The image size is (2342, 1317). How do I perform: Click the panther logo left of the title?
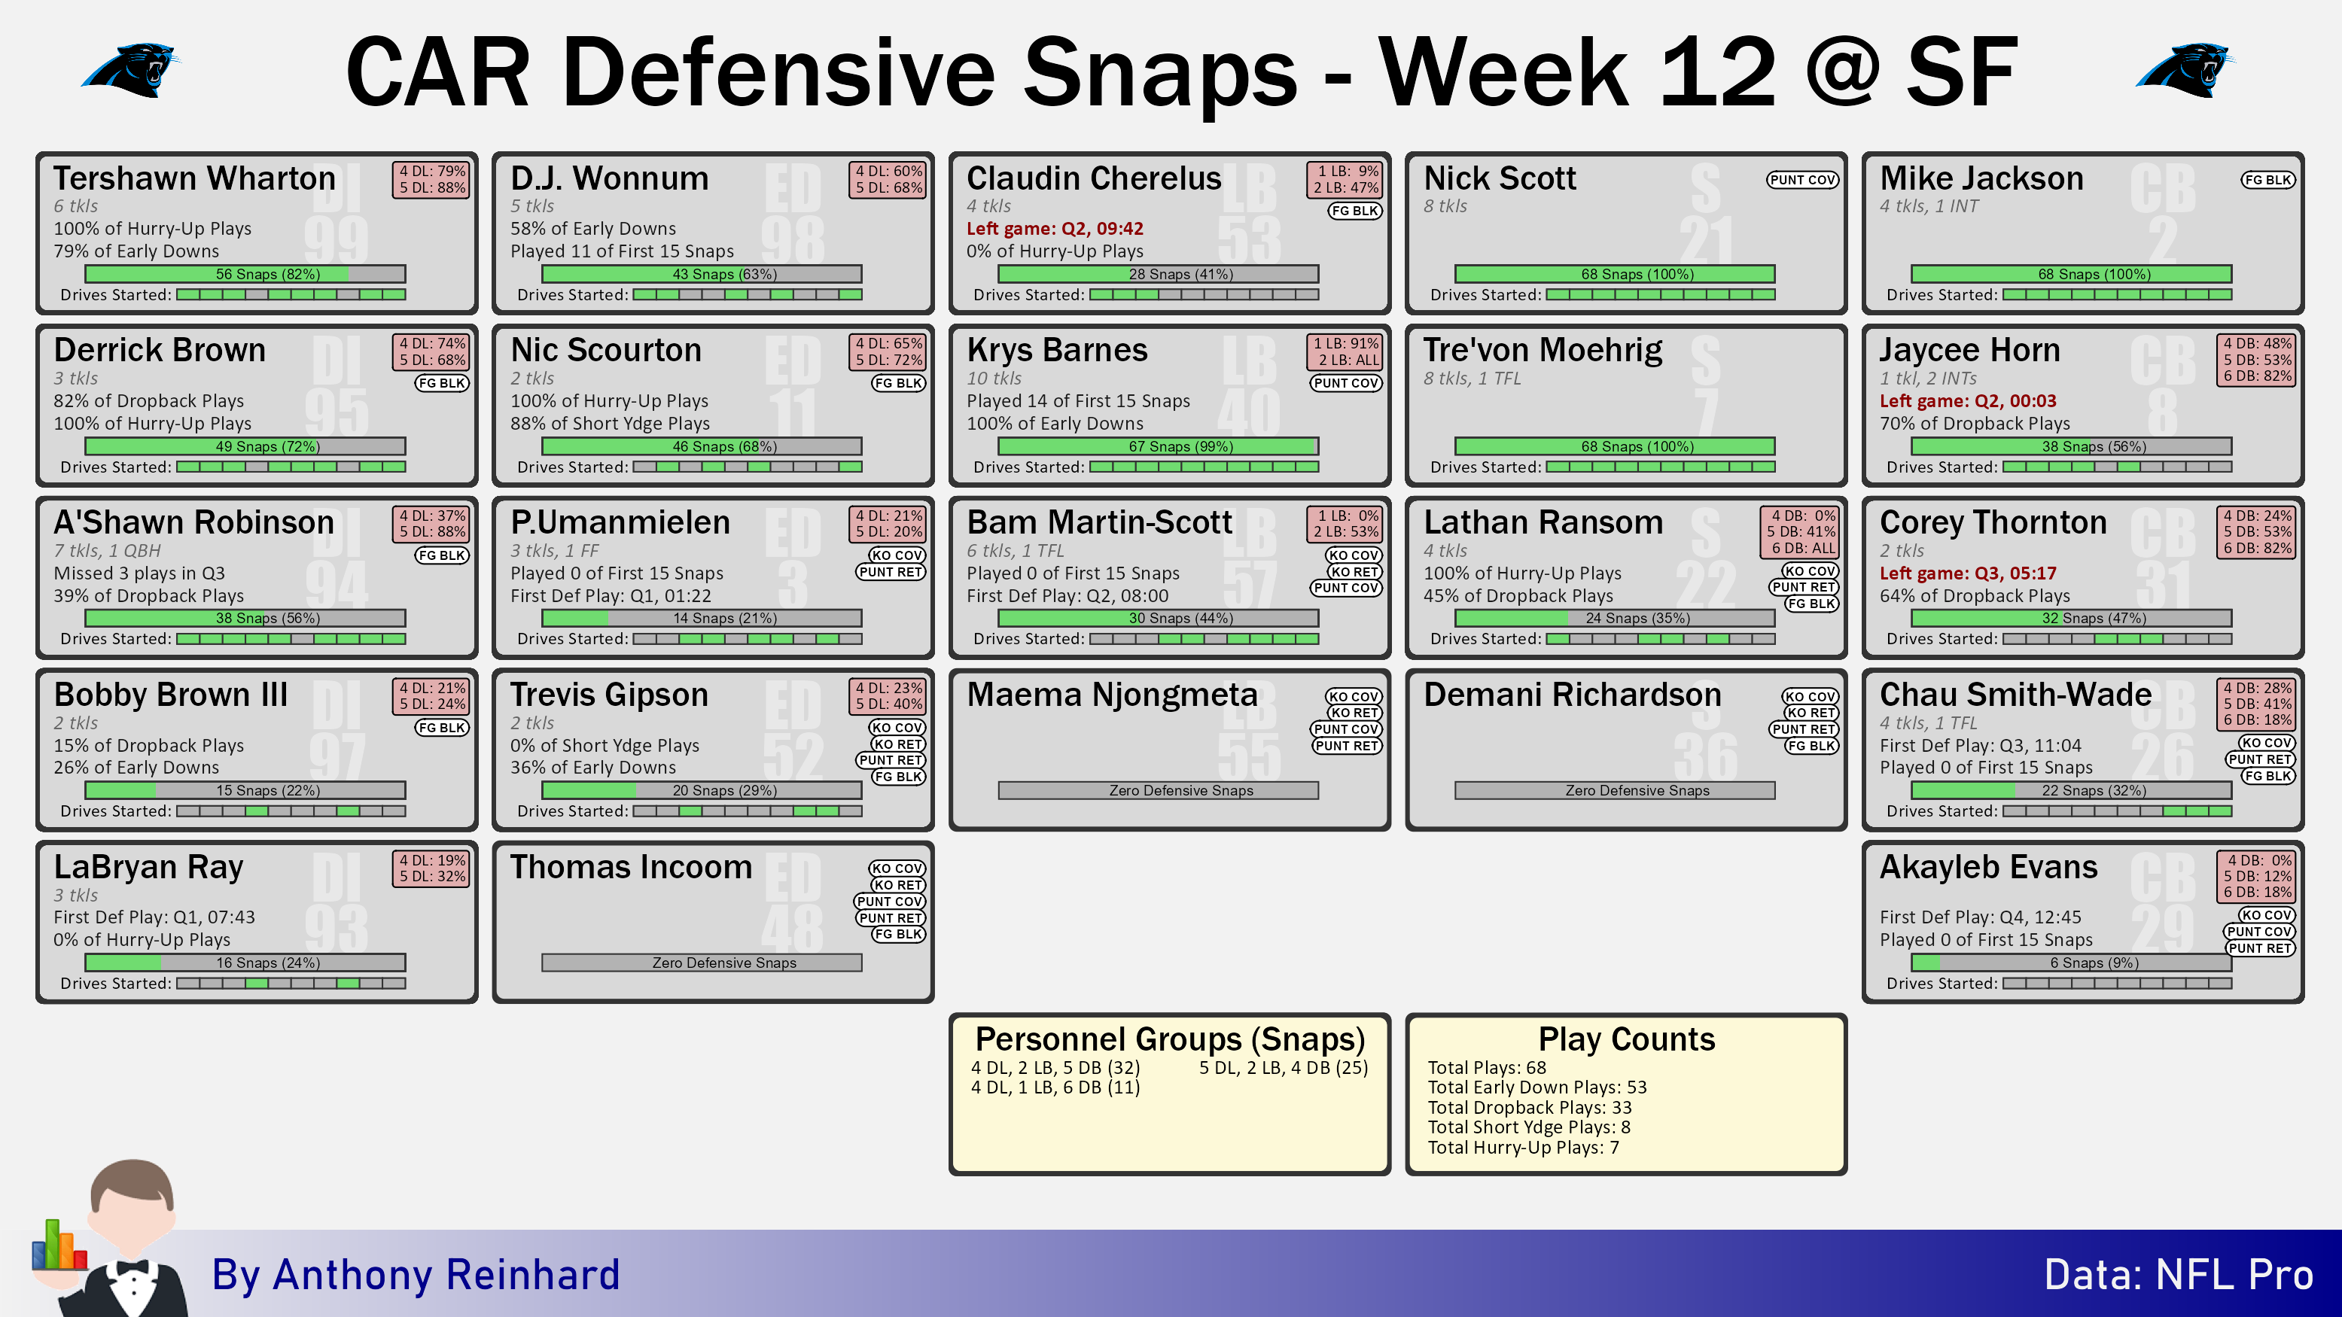tap(131, 71)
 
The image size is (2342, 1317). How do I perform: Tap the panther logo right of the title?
tap(2185, 71)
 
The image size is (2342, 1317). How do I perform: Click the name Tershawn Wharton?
tap(194, 178)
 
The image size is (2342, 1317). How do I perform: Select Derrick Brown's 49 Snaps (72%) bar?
tap(245, 446)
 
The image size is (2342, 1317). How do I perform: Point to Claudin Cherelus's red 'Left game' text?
tap(1055, 228)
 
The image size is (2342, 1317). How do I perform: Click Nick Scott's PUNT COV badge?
tap(1802, 180)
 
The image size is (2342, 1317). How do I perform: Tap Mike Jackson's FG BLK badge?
tap(2267, 180)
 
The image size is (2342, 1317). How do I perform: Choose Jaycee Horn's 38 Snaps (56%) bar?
tap(2071, 446)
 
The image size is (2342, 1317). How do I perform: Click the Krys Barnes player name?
tap(1058, 350)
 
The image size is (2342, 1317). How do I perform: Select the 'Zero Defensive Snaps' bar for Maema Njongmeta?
tap(1159, 791)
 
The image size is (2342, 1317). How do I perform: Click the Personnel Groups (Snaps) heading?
tap(1170, 1039)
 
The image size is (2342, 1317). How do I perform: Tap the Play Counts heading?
tap(1627, 1039)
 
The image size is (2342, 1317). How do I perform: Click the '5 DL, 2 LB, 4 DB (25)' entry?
tap(1283, 1068)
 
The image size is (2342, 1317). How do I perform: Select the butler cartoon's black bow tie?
tap(132, 1267)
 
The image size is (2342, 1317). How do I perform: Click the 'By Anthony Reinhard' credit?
tap(416, 1275)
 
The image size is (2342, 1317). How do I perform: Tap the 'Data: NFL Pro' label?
tap(2179, 1275)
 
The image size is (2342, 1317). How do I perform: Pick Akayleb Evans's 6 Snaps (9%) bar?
tap(2071, 963)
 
